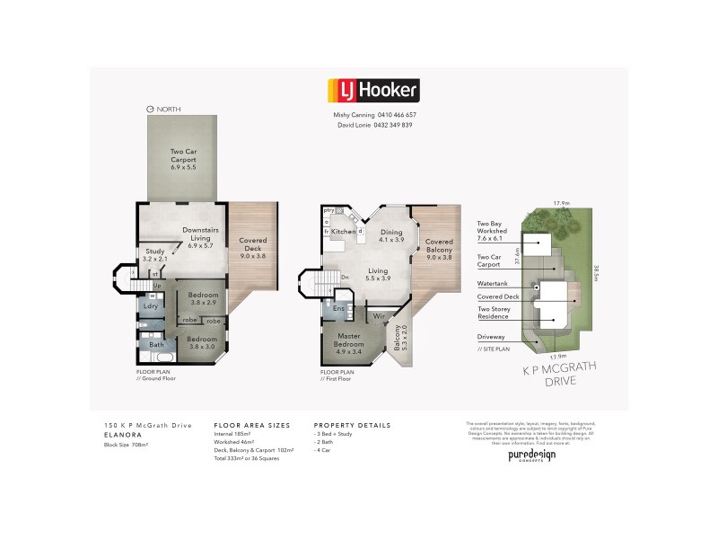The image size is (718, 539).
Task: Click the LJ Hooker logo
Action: (372, 90)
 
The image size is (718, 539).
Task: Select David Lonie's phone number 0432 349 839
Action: (392, 125)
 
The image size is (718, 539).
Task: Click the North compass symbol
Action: (150, 109)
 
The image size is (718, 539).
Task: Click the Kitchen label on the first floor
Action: (344, 232)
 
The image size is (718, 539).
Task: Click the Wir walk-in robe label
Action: (379, 315)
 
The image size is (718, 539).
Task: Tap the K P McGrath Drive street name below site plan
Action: (547, 374)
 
